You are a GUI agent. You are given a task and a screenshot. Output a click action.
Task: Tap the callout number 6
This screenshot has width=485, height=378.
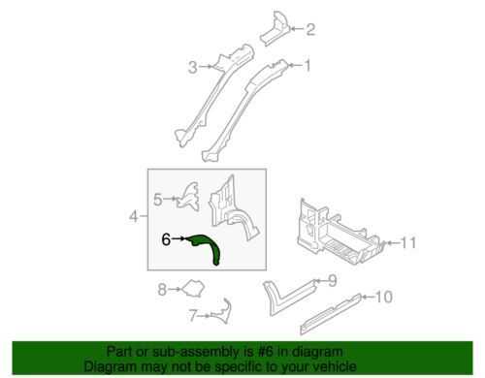tap(166, 239)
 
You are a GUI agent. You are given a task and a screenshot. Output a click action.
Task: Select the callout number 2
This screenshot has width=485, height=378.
tap(310, 29)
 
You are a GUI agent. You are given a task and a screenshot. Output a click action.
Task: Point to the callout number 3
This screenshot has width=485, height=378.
tap(193, 68)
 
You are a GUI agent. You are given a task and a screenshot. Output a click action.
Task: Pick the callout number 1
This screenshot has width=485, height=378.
tap(307, 66)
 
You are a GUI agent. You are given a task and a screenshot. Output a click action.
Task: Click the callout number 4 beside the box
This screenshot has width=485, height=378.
tap(134, 216)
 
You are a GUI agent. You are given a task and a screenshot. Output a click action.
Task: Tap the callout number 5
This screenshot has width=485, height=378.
tap(158, 200)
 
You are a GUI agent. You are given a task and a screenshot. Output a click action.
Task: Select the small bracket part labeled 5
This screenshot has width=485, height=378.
tap(188, 197)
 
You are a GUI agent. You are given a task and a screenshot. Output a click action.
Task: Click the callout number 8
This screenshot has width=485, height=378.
tap(162, 290)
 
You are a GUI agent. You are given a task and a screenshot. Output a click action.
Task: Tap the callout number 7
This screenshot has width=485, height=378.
tap(193, 316)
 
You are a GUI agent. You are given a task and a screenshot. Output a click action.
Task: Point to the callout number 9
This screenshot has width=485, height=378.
tap(333, 281)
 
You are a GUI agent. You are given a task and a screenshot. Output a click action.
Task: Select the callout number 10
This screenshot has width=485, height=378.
tap(383, 297)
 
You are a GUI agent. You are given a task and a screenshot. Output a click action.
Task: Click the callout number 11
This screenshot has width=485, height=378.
tap(408, 243)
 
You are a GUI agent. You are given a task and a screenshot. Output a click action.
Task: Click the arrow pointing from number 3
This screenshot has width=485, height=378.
tap(206, 67)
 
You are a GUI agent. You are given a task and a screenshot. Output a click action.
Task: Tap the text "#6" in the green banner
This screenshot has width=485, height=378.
tap(263, 352)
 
